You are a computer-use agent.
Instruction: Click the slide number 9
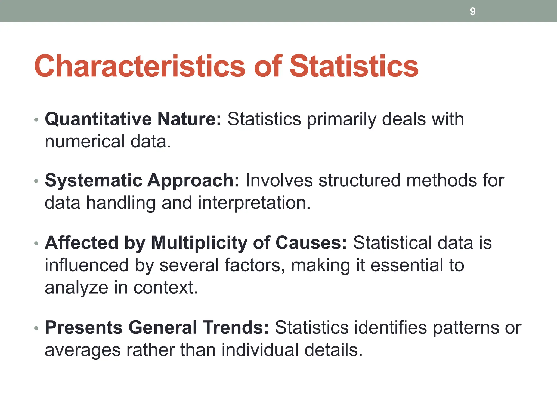coord(472,11)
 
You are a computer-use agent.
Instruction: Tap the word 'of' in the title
coord(268,66)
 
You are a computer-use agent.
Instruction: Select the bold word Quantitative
coord(98,119)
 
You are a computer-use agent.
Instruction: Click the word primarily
coord(341,119)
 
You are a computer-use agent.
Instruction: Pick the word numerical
coord(85,142)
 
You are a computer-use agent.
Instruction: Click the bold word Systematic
coord(94,181)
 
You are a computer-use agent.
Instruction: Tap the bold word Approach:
coord(193,181)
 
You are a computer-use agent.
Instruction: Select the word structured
coord(360,181)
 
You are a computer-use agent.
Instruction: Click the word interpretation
coord(254,203)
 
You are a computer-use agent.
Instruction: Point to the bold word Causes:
coord(311,243)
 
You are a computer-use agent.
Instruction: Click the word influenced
coord(87,265)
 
